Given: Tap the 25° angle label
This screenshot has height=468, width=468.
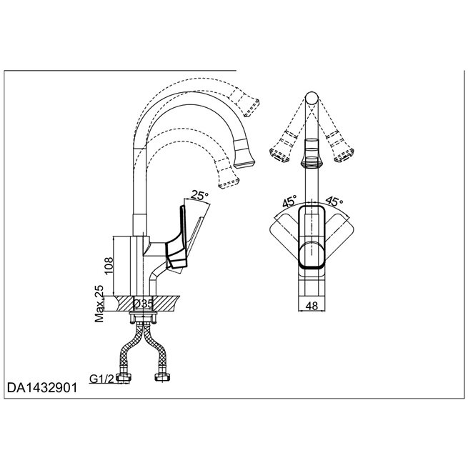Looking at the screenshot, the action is (x=201, y=194).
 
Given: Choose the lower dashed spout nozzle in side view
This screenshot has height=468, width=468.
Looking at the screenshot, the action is (x=228, y=176).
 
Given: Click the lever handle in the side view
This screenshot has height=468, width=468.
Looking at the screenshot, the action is (x=182, y=239).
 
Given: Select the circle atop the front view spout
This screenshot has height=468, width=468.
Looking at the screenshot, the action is (x=311, y=99).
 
